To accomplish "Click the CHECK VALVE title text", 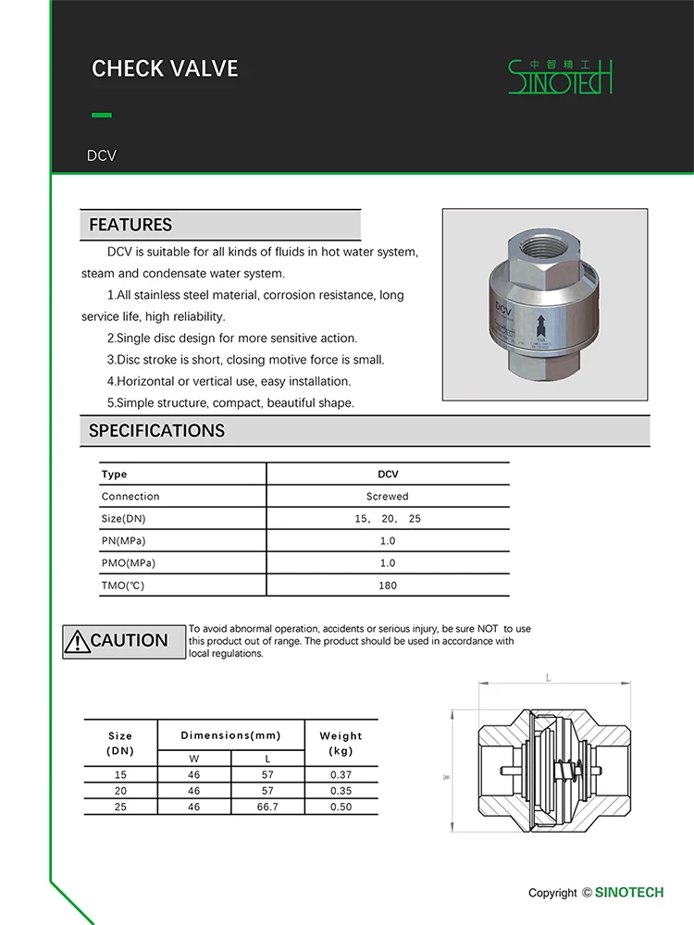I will pos(165,68).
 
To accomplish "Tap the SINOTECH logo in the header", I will pos(560,77).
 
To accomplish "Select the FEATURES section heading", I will pos(130,225).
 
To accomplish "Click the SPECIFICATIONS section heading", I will pos(156,431).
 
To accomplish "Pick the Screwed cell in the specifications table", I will pos(387,497).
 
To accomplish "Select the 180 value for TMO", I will pos(387,586).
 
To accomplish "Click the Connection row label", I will pos(130,497).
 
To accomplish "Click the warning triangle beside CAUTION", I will pos(76,641).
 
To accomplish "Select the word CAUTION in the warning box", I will pos(130,641).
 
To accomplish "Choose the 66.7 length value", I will pos(266,808).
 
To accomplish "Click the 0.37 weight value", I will pos(341,774).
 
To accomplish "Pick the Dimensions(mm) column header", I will pos(230,735).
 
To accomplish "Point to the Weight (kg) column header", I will pos(341,743).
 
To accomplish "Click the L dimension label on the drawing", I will pos(548,678).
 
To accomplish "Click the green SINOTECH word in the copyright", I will pos(629,893).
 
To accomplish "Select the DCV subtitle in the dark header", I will pos(102,155).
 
